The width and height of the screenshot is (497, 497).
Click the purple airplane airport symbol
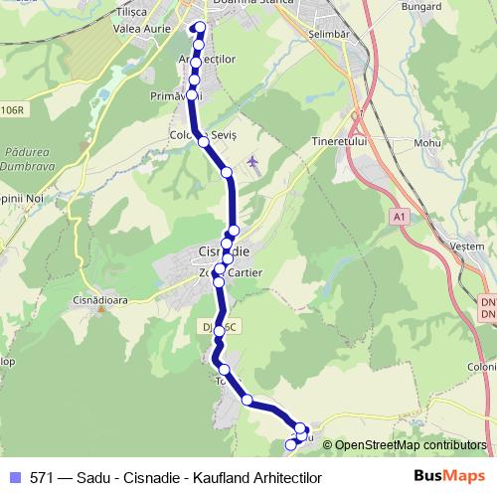(x=251, y=161)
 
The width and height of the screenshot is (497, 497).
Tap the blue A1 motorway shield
(x=400, y=216)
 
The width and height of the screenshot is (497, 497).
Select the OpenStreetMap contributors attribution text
(x=410, y=446)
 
